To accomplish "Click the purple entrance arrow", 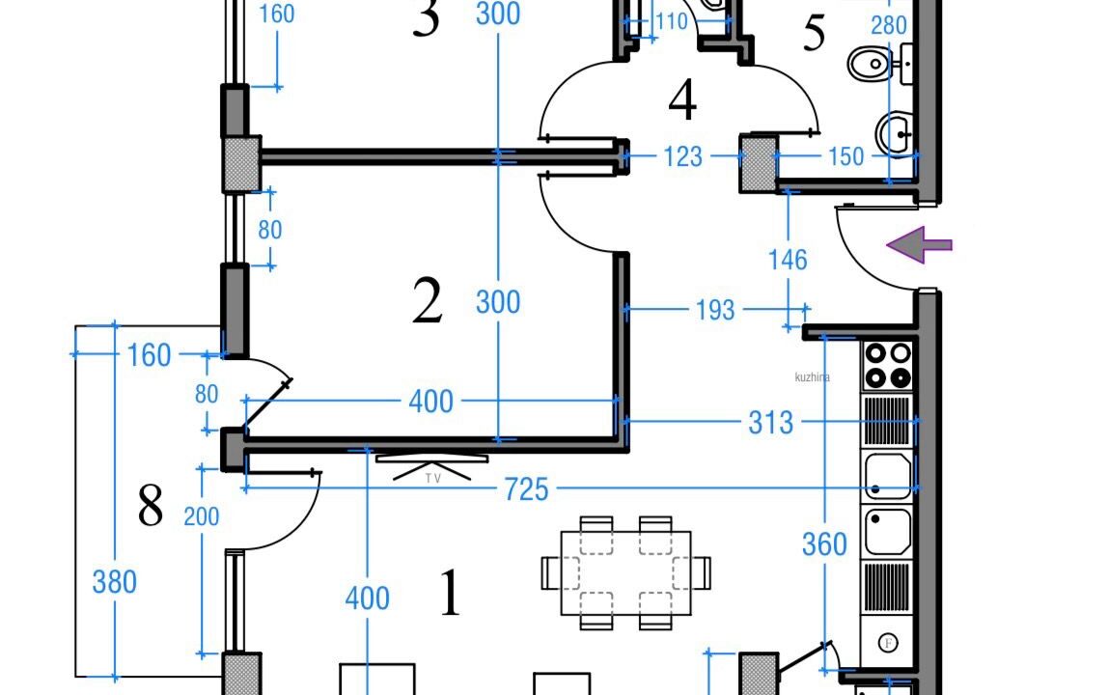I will pos(920,245).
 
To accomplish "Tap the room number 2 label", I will pos(427,302).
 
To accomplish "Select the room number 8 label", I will pos(151,506).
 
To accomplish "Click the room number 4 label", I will pos(682,100).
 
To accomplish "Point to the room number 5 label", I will pos(815,35).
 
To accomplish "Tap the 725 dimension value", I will pos(526,490).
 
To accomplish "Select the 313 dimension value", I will pos(771,423).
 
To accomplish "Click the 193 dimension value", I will pos(715,311).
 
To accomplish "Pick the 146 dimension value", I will pos(789,260).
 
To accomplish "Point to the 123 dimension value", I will pos(683,156).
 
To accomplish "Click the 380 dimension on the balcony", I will pos(114,583).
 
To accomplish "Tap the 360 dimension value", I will pos(824,545).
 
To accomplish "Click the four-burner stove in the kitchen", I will pos(887,365).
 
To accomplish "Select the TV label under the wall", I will pos(432,478).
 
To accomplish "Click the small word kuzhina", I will pos(812,378).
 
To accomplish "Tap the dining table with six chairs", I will pos(626,572).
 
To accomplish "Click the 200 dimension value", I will pos(202,516).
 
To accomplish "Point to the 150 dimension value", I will pos(846,157).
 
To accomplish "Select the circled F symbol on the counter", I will pos(887,642).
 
